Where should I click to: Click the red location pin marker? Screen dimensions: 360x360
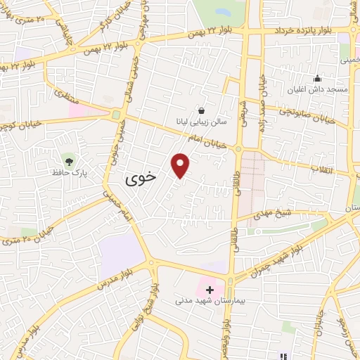pyautogui.click(x=181, y=165)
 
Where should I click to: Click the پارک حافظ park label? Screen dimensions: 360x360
pyautogui.click(x=67, y=172)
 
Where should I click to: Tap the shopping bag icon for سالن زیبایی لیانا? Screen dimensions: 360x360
pyautogui.click(x=201, y=110)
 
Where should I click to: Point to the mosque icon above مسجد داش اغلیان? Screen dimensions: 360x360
pyautogui.click(x=317, y=78)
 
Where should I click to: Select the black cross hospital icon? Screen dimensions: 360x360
pyautogui.click(x=209, y=289)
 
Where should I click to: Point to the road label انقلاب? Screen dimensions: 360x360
pyautogui.click(x=324, y=168)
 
